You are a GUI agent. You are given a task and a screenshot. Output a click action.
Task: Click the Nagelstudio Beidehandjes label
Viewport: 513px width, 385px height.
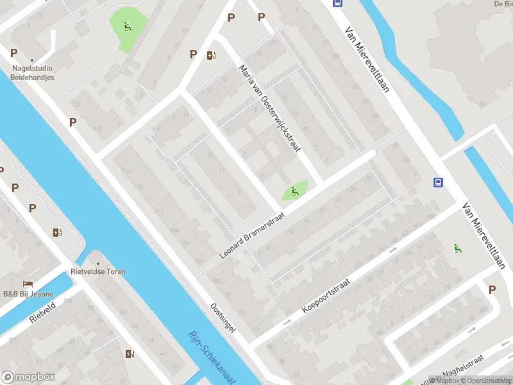point(32,73)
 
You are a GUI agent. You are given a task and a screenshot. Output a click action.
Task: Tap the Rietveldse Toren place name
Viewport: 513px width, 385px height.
point(98,271)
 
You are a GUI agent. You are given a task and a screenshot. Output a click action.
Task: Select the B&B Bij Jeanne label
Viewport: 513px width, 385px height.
point(28,294)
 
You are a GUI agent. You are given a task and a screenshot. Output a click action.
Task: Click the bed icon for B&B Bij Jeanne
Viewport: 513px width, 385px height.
point(28,284)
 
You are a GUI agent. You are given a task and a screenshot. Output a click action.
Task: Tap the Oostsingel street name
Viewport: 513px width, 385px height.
point(223,317)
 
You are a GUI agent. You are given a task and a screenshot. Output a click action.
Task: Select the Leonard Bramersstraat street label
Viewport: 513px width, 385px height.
point(252,227)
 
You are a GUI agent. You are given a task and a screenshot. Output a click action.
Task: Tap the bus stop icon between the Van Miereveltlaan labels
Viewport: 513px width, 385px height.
point(439,183)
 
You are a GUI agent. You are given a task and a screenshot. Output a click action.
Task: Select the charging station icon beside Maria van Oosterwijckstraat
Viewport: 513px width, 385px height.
point(210,56)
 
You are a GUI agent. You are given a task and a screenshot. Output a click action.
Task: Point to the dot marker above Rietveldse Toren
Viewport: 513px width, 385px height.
point(98,263)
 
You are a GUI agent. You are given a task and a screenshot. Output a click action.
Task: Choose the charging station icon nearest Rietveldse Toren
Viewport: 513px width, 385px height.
point(57,232)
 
